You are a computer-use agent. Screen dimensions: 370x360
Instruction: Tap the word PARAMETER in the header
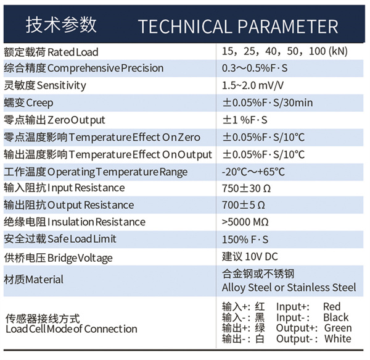[288, 27]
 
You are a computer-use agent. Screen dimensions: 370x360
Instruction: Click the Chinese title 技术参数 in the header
[61, 25]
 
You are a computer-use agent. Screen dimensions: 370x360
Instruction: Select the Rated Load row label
[51, 52]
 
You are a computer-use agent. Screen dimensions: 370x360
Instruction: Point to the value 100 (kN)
[328, 51]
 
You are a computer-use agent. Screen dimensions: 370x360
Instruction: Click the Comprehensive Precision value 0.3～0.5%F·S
[255, 68]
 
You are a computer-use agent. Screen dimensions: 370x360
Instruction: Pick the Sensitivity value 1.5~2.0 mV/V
[253, 85]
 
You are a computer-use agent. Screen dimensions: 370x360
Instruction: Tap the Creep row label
[28, 103]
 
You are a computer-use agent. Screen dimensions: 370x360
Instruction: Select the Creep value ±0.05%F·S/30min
[268, 103]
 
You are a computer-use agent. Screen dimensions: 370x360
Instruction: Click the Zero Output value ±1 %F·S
[245, 120]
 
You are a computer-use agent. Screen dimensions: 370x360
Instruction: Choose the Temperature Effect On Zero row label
[102, 137]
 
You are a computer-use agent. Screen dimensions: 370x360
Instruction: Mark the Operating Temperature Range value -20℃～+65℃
[253, 172]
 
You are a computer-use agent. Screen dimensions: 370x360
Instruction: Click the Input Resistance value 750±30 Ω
[246, 188]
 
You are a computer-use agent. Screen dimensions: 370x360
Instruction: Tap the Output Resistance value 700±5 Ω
[244, 205]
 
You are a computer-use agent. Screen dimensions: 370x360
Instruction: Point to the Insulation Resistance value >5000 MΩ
[245, 222]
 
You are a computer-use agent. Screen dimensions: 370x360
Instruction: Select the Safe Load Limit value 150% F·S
[245, 240]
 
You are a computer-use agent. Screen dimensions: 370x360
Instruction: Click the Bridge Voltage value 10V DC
[261, 256]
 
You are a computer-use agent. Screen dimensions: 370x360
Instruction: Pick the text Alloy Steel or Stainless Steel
[289, 288]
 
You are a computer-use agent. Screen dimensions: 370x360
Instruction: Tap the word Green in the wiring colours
[338, 328]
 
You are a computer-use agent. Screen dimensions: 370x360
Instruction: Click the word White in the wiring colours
[338, 338]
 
